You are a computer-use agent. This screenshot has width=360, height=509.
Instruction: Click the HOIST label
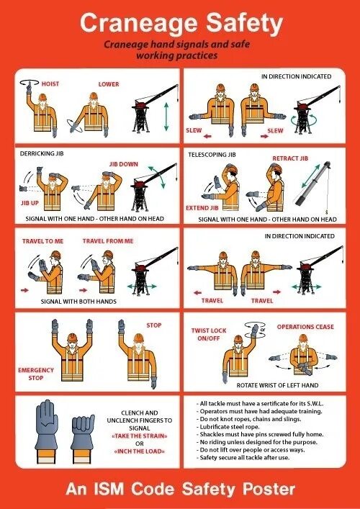50,84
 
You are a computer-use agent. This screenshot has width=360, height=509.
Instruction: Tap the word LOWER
109,84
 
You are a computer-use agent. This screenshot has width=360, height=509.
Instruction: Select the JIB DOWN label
123,164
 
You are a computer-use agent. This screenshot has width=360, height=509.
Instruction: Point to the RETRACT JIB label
290,158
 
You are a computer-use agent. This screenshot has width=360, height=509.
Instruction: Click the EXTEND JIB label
202,208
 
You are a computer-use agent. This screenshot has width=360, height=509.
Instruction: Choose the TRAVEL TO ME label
43,241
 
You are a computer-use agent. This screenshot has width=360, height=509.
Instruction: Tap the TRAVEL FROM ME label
108,241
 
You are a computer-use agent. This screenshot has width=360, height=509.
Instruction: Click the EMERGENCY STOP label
36,374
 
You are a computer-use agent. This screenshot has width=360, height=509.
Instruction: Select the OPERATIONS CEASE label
305,327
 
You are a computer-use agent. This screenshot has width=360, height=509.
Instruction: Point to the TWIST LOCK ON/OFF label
209,334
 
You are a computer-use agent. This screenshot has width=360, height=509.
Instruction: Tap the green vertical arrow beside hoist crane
166,117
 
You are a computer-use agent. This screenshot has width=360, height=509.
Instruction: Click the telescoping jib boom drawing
312,186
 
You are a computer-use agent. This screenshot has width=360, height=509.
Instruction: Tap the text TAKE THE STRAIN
139,436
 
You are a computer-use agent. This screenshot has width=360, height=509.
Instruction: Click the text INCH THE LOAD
139,451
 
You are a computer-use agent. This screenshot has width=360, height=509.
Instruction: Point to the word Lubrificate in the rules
214,427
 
